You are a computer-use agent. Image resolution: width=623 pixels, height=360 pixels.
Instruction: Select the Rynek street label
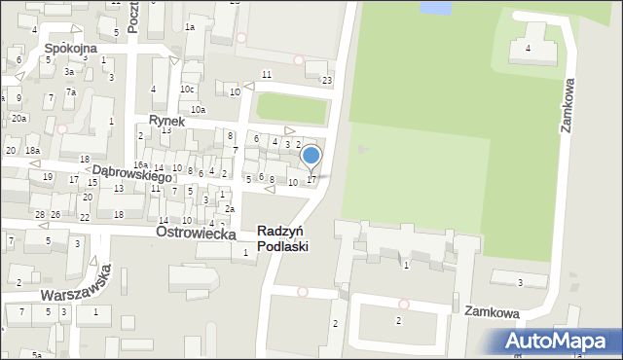click(167, 120)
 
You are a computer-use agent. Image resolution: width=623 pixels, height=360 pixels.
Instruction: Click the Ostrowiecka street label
click(199, 234)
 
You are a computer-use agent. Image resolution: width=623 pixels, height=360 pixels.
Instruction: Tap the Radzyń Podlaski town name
click(283, 238)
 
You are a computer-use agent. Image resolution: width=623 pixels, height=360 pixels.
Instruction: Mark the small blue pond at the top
click(435, 8)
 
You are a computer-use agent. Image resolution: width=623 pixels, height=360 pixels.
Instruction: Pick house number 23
click(327, 81)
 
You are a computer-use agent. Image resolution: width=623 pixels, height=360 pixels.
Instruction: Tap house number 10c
click(187, 90)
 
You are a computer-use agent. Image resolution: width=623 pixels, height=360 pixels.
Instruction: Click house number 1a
click(190, 27)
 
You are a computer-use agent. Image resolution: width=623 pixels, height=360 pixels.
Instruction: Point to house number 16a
click(140, 165)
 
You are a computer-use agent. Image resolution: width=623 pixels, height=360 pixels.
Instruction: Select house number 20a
click(18, 118)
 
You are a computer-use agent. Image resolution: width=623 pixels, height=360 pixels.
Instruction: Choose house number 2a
click(230, 209)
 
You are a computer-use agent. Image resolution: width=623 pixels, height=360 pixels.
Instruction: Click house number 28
click(39, 214)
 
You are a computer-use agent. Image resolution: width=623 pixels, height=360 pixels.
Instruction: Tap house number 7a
click(71, 91)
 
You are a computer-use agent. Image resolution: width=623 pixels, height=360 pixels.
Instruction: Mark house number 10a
click(198, 110)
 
